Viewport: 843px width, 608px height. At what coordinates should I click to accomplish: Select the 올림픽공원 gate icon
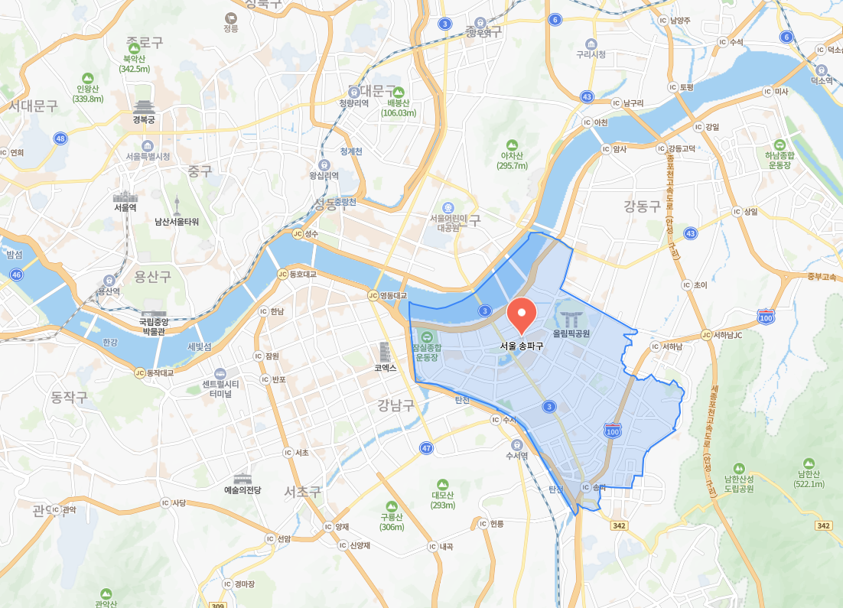[x=571, y=319]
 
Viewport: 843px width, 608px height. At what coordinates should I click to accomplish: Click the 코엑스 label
[x=385, y=367]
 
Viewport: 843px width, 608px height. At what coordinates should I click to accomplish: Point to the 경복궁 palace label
[x=144, y=119]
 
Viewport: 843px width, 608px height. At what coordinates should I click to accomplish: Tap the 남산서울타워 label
[x=177, y=222]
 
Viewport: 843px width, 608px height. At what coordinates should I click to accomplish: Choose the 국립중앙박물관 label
[x=153, y=327]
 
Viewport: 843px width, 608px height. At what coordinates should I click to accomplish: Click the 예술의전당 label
[x=242, y=489]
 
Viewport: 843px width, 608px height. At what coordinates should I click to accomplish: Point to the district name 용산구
[x=153, y=276]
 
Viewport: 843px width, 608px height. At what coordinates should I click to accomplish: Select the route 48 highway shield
[x=60, y=138]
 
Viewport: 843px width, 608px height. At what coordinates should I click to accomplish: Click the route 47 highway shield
[x=426, y=447]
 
